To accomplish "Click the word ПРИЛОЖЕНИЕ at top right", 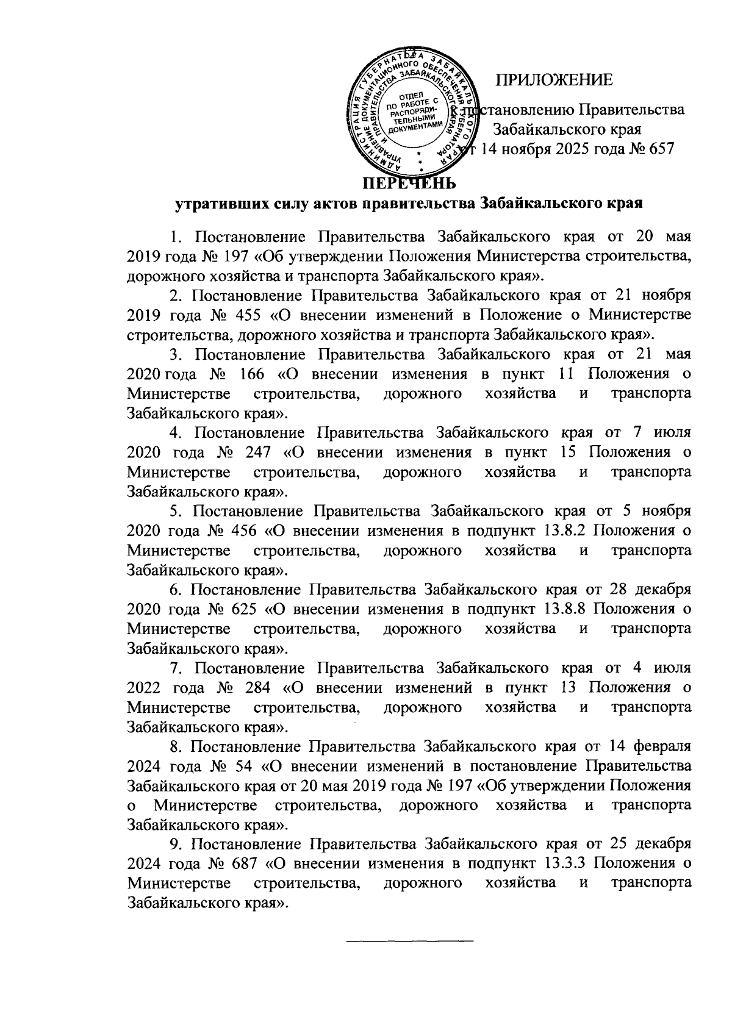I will (553, 79).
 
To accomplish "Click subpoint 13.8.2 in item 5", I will (561, 531).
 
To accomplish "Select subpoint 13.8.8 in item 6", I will (561, 609).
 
